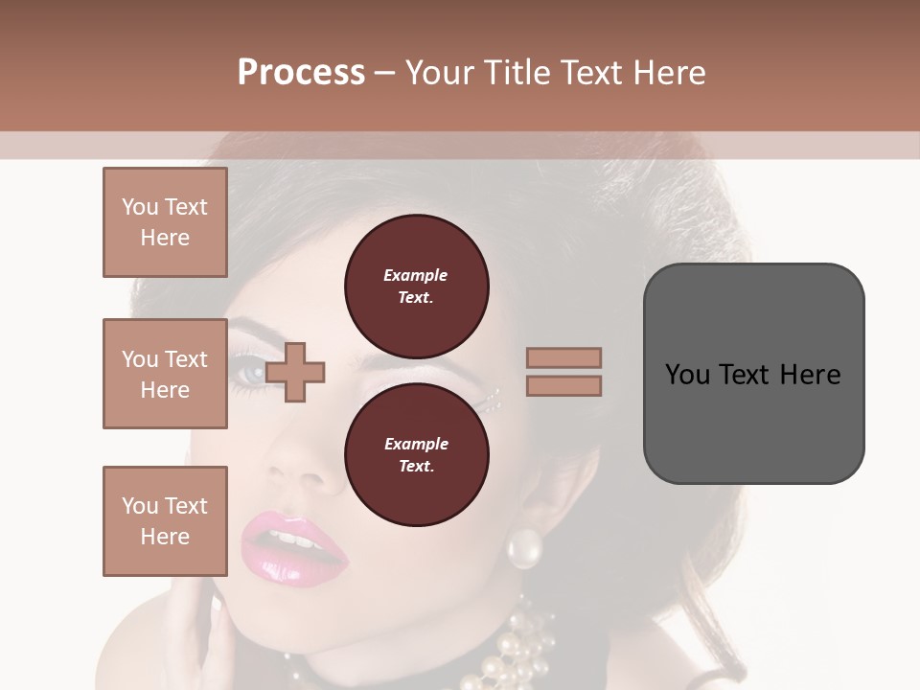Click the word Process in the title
pos(301,72)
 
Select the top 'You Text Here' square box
pos(165,222)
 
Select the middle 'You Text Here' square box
pos(165,374)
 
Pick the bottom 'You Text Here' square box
pos(165,521)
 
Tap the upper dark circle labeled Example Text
pos(416,287)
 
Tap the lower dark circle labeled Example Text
pos(416,455)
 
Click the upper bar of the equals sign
pos(564,357)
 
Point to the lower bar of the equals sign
pos(564,385)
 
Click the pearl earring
pos(524,548)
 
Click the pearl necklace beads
pos(508,652)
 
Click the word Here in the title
pos(670,72)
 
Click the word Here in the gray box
pos(810,374)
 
